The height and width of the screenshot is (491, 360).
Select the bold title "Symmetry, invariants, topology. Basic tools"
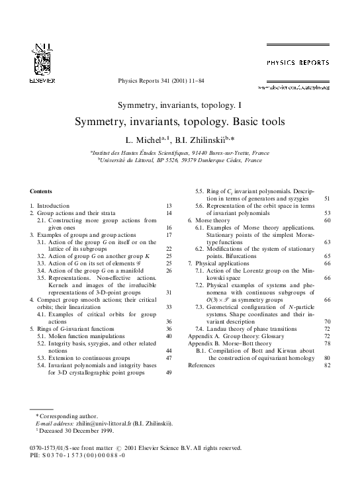click(179, 122)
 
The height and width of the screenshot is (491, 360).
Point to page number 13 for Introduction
click(169, 206)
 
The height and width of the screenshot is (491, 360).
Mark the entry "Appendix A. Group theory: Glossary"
click(232, 336)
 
